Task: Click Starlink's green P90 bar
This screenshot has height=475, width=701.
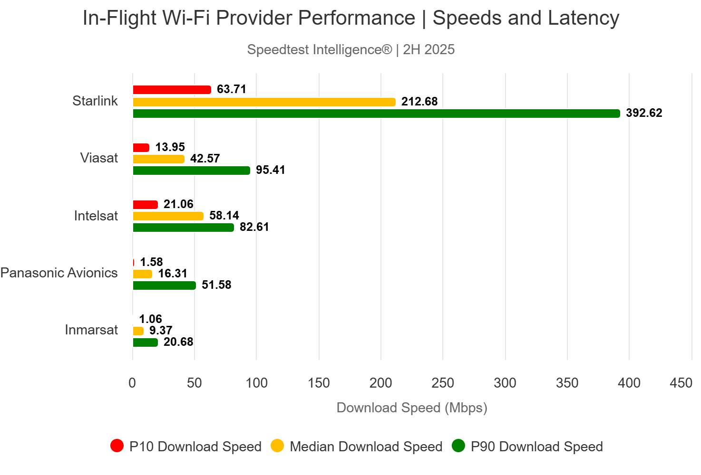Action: (x=376, y=114)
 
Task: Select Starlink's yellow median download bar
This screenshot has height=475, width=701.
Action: (x=264, y=102)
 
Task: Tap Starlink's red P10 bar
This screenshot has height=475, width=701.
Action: (x=172, y=90)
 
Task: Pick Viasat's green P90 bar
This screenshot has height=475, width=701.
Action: (x=191, y=171)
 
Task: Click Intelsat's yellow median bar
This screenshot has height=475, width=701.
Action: (x=168, y=216)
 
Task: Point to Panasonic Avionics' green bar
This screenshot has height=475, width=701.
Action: (x=164, y=285)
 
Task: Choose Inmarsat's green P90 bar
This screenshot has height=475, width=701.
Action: (x=145, y=342)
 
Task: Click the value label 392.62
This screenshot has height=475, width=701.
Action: (x=644, y=113)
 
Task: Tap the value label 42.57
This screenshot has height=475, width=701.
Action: (x=205, y=159)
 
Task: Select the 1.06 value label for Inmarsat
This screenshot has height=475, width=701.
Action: (x=150, y=319)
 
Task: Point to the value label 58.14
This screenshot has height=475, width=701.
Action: (x=224, y=216)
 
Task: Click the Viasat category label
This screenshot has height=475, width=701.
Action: (x=99, y=158)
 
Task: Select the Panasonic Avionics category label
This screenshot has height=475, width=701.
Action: (x=59, y=273)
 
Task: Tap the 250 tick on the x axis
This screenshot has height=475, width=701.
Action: (x=443, y=383)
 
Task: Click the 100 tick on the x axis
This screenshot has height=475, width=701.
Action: (x=256, y=383)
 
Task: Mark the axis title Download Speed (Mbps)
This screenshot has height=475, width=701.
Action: (x=412, y=408)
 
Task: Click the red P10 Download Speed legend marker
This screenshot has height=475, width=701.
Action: (x=117, y=446)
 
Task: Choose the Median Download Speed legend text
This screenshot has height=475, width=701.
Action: (x=366, y=447)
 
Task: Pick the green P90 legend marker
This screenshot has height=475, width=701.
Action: (x=458, y=446)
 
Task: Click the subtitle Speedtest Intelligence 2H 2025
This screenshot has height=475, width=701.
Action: (x=351, y=50)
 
